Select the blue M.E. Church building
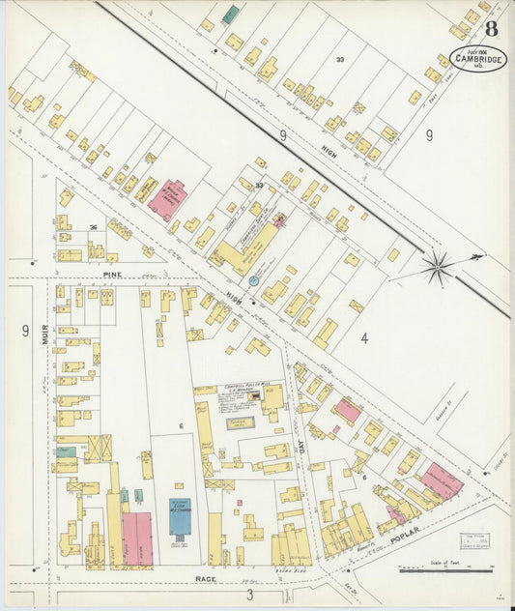(180, 516)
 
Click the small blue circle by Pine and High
(254, 280)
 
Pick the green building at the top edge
(230, 15)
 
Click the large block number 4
(364, 338)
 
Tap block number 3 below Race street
(250, 594)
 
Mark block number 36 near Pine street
(93, 228)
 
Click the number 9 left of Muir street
(25, 331)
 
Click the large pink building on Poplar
(441, 480)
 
